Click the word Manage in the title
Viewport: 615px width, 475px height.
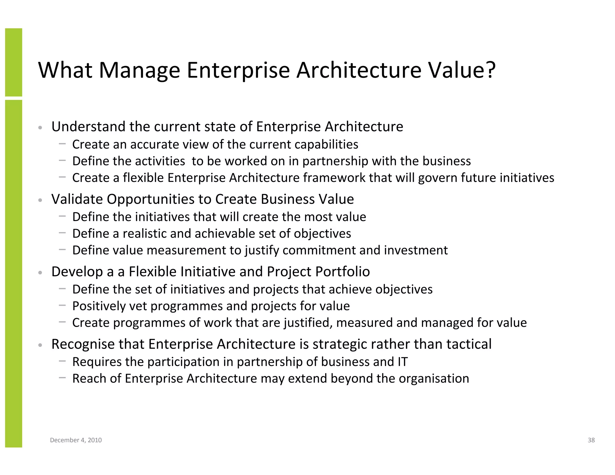[x=139, y=71]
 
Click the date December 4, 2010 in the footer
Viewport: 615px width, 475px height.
[x=76, y=440]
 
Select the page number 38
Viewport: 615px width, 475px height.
[x=591, y=440]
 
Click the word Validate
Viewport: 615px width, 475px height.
[x=77, y=199]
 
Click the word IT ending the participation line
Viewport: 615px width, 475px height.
[x=402, y=362]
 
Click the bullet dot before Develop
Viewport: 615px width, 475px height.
[x=40, y=273]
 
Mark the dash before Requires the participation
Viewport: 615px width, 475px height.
[x=62, y=361]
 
